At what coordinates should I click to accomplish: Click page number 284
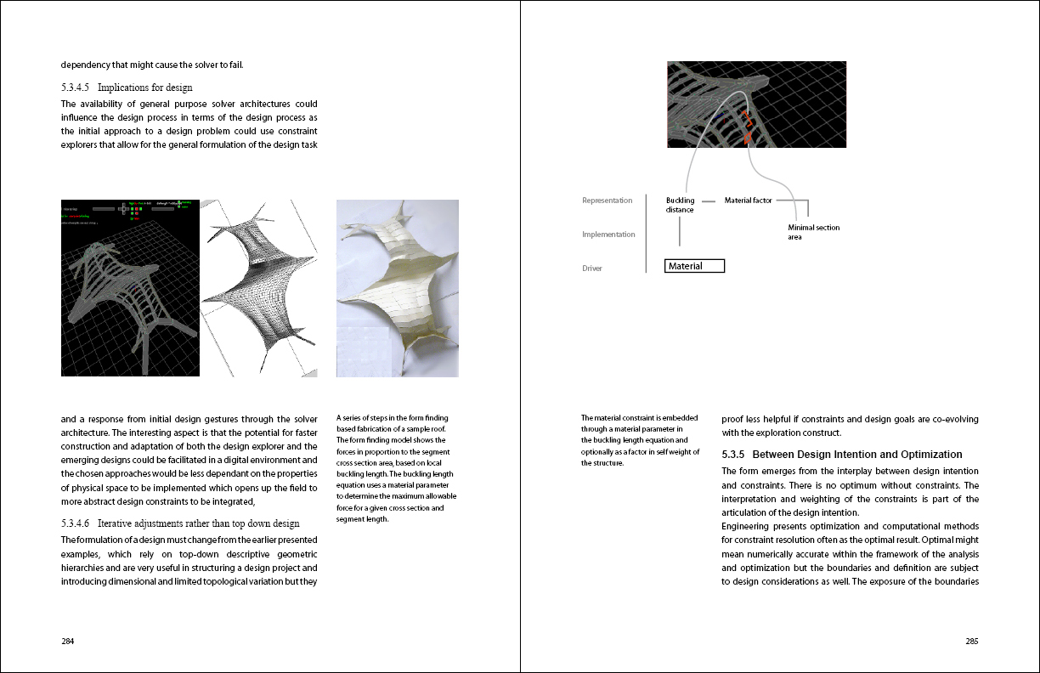pyautogui.click(x=68, y=642)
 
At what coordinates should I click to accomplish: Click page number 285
pyautogui.click(x=971, y=642)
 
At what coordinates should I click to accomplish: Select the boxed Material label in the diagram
pyautogui.click(x=695, y=266)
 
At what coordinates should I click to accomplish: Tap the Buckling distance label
pyautogui.click(x=680, y=205)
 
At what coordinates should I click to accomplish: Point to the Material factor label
pyautogui.click(x=748, y=201)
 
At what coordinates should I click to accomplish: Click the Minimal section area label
pyautogui.click(x=813, y=232)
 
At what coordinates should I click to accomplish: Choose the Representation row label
pyautogui.click(x=607, y=201)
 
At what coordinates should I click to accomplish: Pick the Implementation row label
pyautogui.click(x=608, y=235)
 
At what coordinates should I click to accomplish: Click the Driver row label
pyautogui.click(x=591, y=269)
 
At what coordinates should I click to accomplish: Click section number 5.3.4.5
pyautogui.click(x=78, y=88)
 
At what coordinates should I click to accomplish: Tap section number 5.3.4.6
pyautogui.click(x=78, y=523)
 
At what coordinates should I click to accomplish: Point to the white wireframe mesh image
pyautogui.click(x=267, y=289)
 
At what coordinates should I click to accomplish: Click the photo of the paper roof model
pyautogui.click(x=398, y=289)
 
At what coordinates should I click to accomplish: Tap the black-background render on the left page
pyautogui.click(x=130, y=289)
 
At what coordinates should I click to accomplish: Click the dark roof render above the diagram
pyautogui.click(x=756, y=104)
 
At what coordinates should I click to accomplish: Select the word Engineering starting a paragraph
pyautogui.click(x=747, y=526)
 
